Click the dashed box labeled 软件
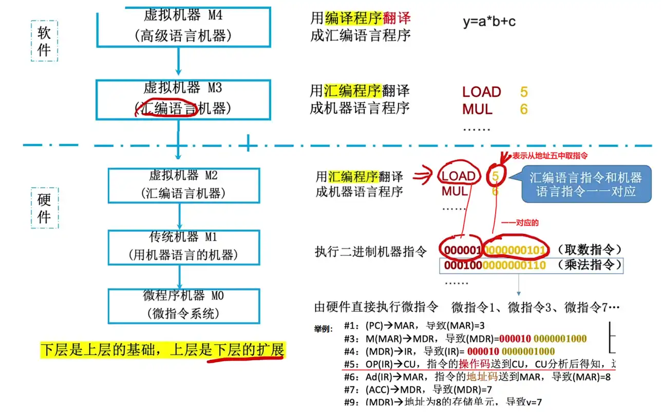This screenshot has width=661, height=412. click(x=44, y=42)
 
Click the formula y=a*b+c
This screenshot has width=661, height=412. click(x=489, y=22)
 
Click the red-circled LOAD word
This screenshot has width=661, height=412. click(x=458, y=176)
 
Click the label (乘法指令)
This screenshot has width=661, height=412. click(x=589, y=265)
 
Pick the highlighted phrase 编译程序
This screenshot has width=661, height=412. click(x=353, y=18)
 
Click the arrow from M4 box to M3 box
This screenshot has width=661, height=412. click(x=178, y=63)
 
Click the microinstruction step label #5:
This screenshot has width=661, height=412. click(x=352, y=364)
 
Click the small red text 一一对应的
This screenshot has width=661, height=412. click(x=520, y=223)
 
